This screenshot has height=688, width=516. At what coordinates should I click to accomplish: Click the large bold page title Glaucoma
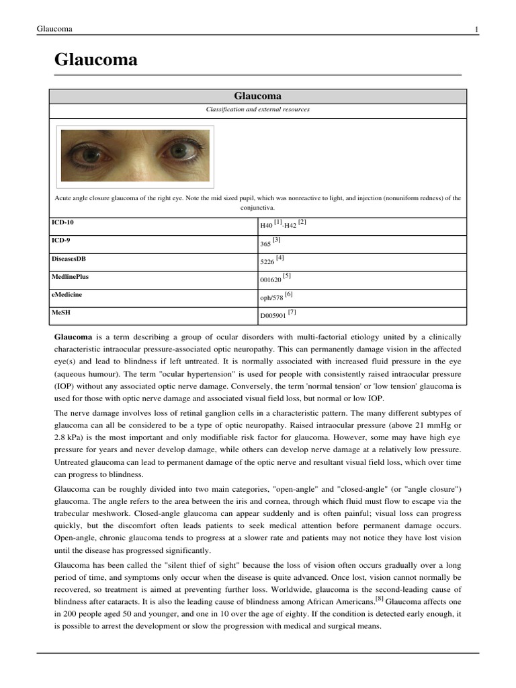point(96,60)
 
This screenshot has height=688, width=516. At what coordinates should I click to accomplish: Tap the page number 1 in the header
point(476,29)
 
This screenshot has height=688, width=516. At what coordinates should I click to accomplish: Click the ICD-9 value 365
point(266,243)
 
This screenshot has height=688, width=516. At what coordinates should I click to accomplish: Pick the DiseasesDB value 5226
point(267,261)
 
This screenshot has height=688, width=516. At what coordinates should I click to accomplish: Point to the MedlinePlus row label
point(70,275)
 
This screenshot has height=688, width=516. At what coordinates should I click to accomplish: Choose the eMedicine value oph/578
point(272,297)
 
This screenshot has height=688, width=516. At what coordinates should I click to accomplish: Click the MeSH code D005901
point(273,315)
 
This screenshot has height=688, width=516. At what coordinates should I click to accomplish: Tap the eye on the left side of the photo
point(87,155)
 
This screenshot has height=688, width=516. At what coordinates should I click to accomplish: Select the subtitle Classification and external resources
point(257,109)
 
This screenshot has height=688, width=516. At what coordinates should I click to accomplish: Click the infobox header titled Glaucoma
point(258,96)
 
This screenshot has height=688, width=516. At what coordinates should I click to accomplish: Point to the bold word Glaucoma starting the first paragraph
point(73,336)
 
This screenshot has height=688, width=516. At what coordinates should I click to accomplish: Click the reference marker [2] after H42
point(302,222)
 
